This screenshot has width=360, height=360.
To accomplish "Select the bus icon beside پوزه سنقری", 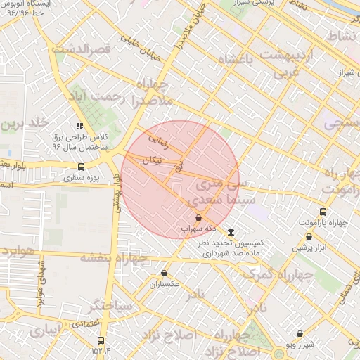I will (81, 167).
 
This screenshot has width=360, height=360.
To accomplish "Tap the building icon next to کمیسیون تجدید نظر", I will (231, 232).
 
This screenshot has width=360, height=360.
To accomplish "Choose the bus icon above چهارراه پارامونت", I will (323, 212).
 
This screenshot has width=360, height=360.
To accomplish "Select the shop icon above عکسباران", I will (164, 273).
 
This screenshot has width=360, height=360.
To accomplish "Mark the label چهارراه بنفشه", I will (114, 257).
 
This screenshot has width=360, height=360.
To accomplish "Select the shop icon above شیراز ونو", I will (300, 333).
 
